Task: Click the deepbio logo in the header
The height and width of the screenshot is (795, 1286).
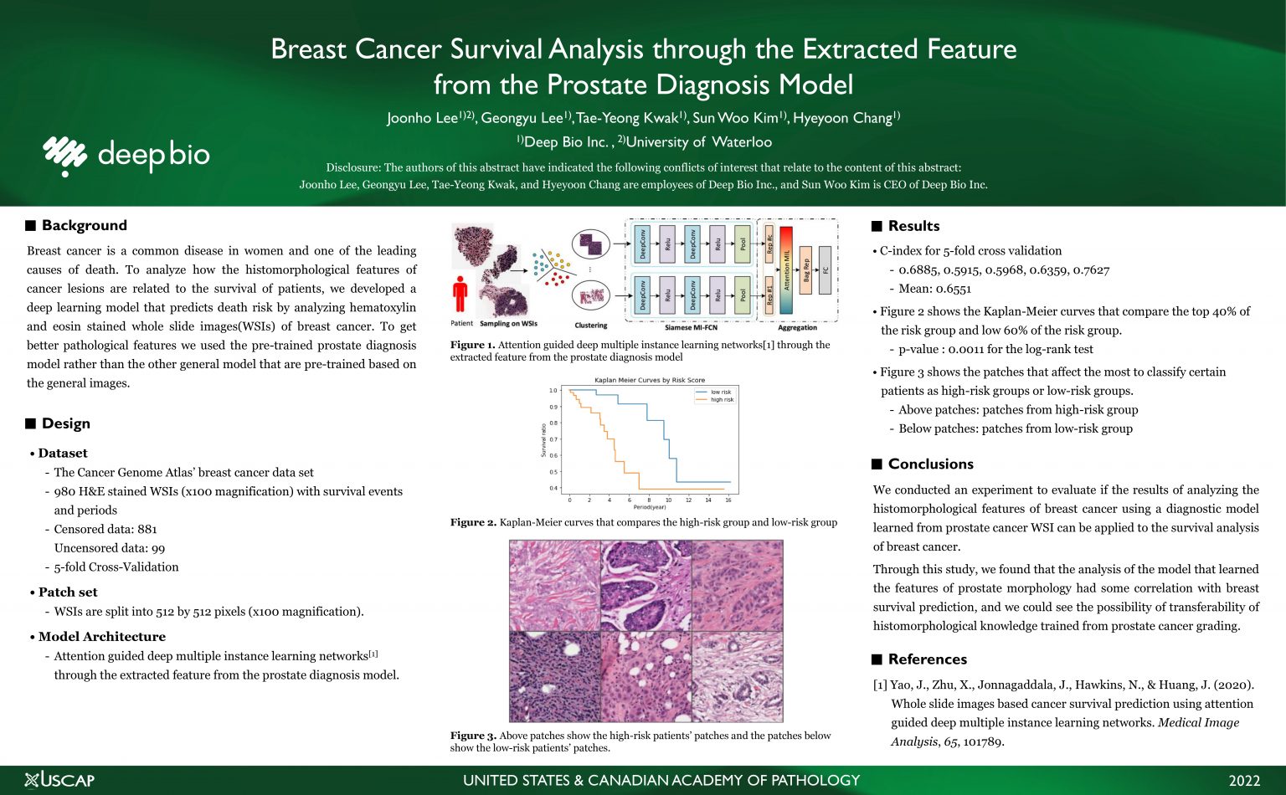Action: click(126, 156)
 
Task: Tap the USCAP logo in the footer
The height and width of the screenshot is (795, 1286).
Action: click(59, 780)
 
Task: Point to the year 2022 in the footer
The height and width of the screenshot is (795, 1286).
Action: click(1243, 781)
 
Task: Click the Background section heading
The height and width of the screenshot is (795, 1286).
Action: click(84, 225)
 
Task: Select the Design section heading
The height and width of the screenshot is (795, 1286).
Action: click(65, 423)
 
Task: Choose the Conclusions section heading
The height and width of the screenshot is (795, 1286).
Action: click(930, 464)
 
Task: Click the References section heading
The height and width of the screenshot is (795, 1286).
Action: click(927, 659)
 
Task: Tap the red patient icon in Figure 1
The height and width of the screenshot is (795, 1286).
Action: click(460, 295)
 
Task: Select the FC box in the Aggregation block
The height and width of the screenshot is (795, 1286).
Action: click(825, 270)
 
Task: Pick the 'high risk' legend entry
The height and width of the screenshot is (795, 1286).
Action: click(721, 400)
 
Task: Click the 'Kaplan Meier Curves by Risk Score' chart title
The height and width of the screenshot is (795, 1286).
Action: click(650, 380)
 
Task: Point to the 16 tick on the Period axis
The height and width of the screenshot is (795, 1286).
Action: click(728, 500)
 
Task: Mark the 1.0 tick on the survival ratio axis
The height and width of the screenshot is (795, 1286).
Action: click(553, 391)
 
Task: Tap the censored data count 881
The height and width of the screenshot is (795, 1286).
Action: click(147, 529)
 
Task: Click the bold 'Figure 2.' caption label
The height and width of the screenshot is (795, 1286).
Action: click(473, 522)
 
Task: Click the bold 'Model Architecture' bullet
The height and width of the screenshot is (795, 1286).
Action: click(101, 636)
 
